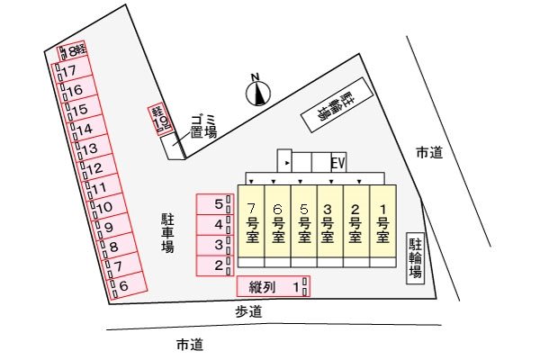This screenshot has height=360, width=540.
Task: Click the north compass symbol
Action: coord(258,92)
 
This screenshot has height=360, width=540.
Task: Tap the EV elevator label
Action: coord(337,163)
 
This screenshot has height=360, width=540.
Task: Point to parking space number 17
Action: coord(73,72)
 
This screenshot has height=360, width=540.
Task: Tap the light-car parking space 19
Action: coord(160,119)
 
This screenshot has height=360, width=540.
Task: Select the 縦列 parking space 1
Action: coord(274,286)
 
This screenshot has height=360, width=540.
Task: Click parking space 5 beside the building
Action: coord(215,204)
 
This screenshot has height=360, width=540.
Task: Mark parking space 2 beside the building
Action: coord(215,265)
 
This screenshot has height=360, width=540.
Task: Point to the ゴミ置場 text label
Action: coord(203,127)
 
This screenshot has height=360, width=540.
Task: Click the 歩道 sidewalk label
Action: coord(248,311)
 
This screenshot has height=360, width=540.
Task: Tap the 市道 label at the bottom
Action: coord(190,345)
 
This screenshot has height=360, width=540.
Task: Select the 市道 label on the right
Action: coord(429,152)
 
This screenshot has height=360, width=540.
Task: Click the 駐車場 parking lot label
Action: coord(167,233)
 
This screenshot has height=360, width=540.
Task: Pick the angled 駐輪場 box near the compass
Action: coord(337,104)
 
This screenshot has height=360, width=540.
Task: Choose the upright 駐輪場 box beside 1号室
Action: coord(415,258)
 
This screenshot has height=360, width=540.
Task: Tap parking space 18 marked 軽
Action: coord(72,51)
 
